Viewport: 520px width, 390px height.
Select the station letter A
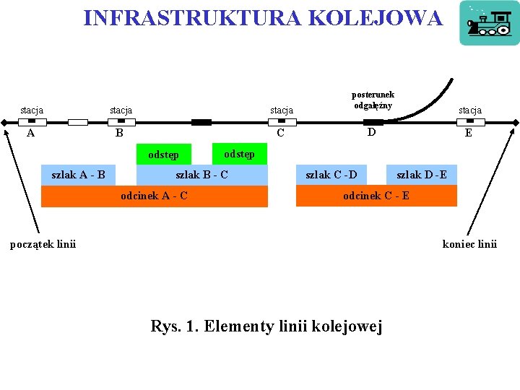click(x=30, y=133)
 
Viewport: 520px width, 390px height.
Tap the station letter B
click(x=120, y=134)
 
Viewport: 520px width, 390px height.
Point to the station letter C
click(x=281, y=134)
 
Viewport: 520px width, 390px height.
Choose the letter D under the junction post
click(x=371, y=132)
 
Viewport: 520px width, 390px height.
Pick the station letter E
click(x=469, y=134)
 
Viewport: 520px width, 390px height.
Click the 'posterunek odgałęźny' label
click(x=373, y=100)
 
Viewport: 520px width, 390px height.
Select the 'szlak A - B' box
click(x=79, y=174)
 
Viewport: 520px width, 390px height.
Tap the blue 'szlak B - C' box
click(x=202, y=175)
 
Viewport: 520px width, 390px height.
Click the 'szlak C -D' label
click(x=331, y=174)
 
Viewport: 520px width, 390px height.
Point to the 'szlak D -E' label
click(x=422, y=174)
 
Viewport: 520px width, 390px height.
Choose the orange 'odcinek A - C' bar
click(x=155, y=196)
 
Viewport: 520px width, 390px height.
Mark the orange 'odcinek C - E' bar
click(x=376, y=196)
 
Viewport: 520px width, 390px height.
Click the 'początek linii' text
click(x=43, y=243)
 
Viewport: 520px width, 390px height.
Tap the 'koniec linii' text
click(x=469, y=243)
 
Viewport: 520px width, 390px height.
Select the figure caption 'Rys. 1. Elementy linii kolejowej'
click(x=266, y=326)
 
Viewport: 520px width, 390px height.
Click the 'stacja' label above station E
click(x=469, y=110)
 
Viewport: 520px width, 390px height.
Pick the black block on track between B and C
click(x=201, y=122)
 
